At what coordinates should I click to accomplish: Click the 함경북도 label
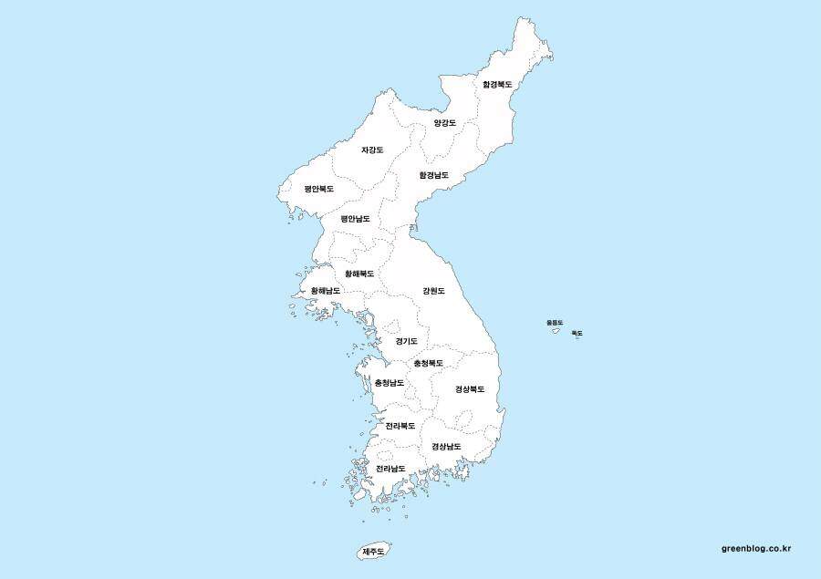pos(497,84)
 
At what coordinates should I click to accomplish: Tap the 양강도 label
pos(444,122)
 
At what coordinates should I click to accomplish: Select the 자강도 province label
pos(372,150)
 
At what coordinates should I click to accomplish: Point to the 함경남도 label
pos(434,174)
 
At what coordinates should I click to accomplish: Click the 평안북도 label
pos(319,189)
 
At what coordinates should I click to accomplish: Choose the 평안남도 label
pos(355,219)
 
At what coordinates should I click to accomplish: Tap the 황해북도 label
pos(359,274)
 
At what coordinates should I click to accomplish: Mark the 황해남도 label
pos(326,291)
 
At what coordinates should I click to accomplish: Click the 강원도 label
pos(433,291)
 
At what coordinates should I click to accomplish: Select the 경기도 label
pos(407,341)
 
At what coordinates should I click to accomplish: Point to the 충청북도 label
pos(428,363)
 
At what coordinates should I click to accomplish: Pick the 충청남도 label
pos(390,383)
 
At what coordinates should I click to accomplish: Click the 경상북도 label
pos(470,389)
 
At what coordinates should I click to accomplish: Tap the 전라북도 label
pos(400,426)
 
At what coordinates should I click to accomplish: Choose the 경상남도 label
pos(446,447)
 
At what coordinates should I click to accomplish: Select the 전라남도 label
pos(390,469)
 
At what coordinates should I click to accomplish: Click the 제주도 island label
pos(374,552)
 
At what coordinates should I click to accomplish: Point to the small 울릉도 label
pos(555,323)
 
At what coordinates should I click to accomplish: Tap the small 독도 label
pos(577,334)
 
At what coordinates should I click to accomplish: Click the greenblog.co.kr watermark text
pos(755,548)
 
